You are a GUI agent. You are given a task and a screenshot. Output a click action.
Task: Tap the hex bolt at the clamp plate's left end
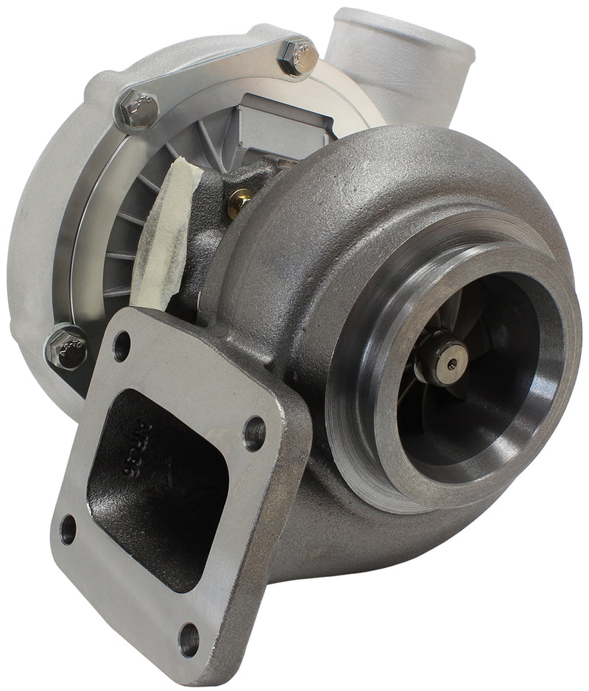pyautogui.click(x=138, y=110)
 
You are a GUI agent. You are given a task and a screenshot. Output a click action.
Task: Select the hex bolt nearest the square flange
pyautogui.click(x=67, y=347)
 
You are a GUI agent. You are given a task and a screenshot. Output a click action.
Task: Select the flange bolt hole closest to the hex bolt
pyautogui.click(x=121, y=346)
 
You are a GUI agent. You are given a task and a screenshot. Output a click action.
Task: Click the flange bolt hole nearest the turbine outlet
pyautogui.click(x=254, y=434)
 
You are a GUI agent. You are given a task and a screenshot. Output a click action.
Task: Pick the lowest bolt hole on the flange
pyautogui.click(x=189, y=639)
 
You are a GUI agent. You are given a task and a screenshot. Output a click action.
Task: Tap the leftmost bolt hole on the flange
pyautogui.click(x=68, y=529)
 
